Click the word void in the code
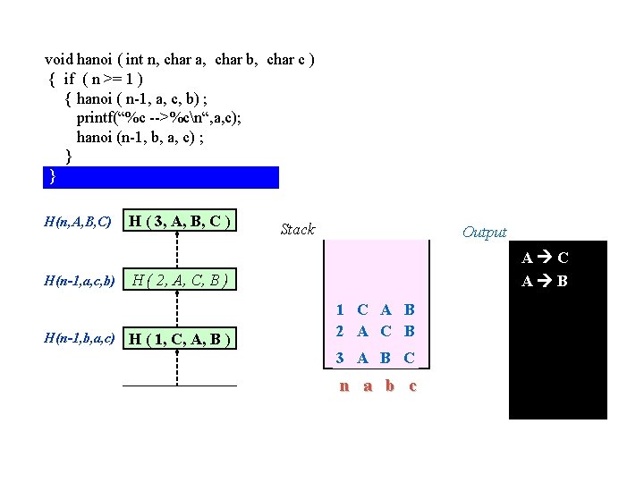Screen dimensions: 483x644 pyautogui.click(x=59, y=60)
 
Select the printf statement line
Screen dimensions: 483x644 pyautogui.click(x=158, y=117)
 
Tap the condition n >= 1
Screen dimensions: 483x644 pyautogui.click(x=117, y=79)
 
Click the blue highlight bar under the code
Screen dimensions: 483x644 pyautogui.click(x=161, y=176)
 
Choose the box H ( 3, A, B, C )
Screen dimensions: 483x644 pyautogui.click(x=182, y=221)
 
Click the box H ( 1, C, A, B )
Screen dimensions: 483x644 pyautogui.click(x=182, y=338)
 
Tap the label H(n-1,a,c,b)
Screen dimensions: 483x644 pyautogui.click(x=80, y=282)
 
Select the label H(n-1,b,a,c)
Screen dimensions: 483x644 pyautogui.click(x=80, y=338)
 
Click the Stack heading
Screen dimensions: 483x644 pyautogui.click(x=297, y=229)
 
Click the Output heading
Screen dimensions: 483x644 pyautogui.click(x=484, y=233)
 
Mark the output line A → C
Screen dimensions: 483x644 pyautogui.click(x=545, y=258)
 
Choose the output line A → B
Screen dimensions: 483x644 pyautogui.click(x=545, y=282)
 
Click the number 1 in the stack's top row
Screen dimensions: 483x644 pyautogui.click(x=341, y=310)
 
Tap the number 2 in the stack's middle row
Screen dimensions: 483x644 pyautogui.click(x=341, y=331)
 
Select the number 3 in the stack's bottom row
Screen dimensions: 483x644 pyautogui.click(x=341, y=359)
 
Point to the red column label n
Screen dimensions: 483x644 pyautogui.click(x=343, y=386)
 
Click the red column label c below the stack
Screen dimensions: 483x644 pyautogui.click(x=411, y=386)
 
